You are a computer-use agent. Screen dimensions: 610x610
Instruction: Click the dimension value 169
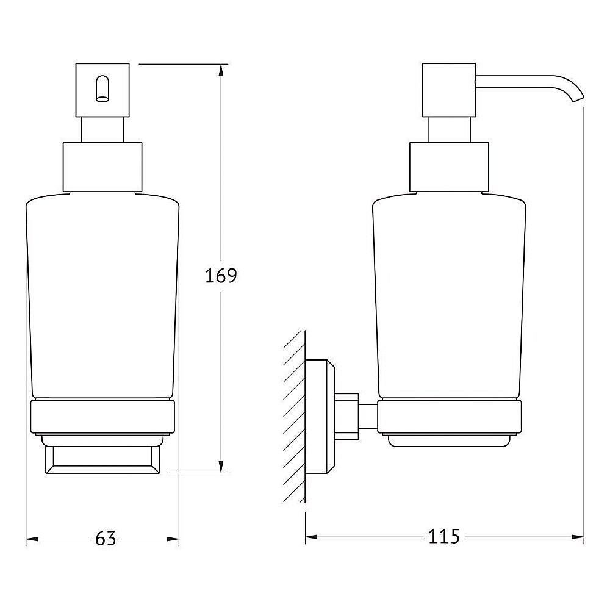(x=220, y=276)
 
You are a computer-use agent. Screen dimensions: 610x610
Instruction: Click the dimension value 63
(x=105, y=539)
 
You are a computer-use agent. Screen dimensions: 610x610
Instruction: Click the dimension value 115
(x=443, y=537)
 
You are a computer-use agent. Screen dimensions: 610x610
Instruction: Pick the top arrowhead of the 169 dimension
(x=220, y=71)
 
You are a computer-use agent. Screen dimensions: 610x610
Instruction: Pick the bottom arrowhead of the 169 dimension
(x=220, y=465)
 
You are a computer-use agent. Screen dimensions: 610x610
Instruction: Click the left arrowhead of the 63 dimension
(x=32, y=539)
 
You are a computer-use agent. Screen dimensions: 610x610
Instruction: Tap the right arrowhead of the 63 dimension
(x=173, y=539)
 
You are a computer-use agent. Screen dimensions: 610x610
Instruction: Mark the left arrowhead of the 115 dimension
(x=312, y=537)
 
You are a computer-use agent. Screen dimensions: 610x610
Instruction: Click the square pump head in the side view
(x=449, y=89)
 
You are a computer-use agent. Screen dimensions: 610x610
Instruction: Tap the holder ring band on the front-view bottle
(x=102, y=417)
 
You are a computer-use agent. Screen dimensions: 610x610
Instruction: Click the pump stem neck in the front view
(x=102, y=129)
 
